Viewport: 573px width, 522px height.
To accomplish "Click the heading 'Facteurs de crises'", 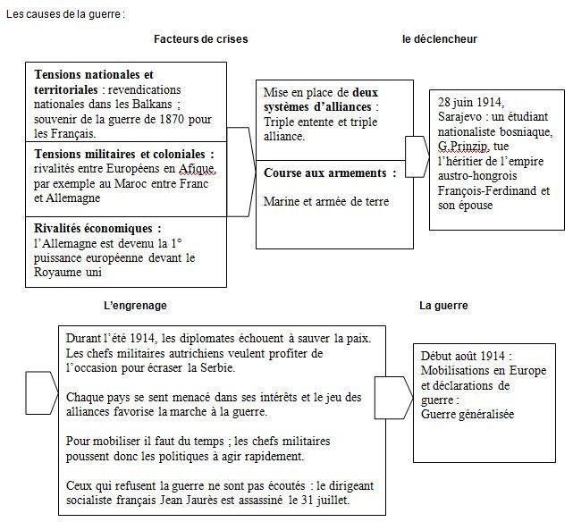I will click(200, 39).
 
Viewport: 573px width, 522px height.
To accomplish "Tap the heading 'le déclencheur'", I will click(439, 39).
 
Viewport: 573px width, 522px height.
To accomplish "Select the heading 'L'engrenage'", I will click(135, 306).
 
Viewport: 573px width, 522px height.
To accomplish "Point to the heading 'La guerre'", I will click(443, 306).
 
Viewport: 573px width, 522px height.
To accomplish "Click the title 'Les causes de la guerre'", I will click(65, 14).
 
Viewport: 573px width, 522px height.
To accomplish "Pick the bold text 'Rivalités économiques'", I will click(97, 228).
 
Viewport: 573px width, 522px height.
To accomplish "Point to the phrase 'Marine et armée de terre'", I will click(326, 201).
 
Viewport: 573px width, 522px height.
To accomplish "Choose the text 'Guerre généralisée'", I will click(468, 414).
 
